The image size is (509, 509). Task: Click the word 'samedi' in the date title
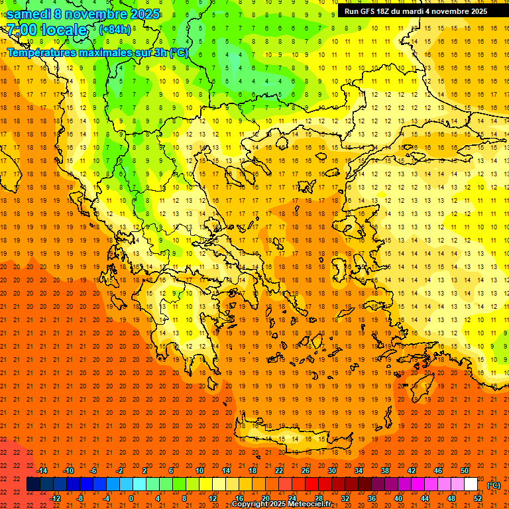coord(28,14)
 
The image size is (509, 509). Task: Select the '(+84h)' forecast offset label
coord(115,29)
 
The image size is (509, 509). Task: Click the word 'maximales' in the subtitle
coord(99,52)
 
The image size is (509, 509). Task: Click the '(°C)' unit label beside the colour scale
coord(493,485)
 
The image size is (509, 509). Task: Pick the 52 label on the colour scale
coord(478,498)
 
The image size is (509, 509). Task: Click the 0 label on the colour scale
coord(131,498)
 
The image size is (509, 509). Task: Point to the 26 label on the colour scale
coord(306,471)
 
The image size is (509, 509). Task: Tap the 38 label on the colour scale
coord(385,471)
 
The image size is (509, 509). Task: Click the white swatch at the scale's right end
coord(471,484)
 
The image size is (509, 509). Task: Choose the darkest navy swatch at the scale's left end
coord(33,484)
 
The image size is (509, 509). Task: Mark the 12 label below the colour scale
coord(212,498)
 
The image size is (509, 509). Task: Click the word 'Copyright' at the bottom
coord(251,504)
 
